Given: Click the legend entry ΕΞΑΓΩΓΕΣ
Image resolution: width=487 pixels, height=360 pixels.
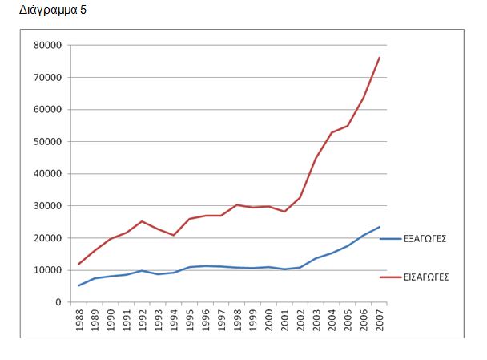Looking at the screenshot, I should click(425, 239).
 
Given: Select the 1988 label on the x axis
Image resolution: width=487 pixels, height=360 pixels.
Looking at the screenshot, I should click(79, 319).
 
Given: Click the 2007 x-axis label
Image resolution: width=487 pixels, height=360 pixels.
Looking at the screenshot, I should click(379, 319).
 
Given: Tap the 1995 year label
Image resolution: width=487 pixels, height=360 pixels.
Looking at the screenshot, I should click(190, 319).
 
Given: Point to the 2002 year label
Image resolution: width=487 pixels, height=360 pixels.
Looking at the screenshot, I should click(300, 319).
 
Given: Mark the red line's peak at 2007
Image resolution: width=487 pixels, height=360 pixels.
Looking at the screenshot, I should click(379, 58).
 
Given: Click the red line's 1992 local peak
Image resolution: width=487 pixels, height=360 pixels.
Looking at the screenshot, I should click(142, 221).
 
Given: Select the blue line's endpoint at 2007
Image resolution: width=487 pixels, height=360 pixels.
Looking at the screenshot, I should click(379, 227).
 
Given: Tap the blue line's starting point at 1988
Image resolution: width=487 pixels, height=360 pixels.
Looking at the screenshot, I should click(79, 285).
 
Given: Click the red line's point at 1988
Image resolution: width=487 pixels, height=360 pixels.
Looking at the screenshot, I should click(79, 264).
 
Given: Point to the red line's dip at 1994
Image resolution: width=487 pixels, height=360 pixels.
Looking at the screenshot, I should click(174, 235).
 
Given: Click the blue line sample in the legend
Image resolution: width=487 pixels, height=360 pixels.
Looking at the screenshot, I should click(390, 239).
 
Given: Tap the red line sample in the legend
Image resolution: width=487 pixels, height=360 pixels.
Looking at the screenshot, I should click(390, 277).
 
